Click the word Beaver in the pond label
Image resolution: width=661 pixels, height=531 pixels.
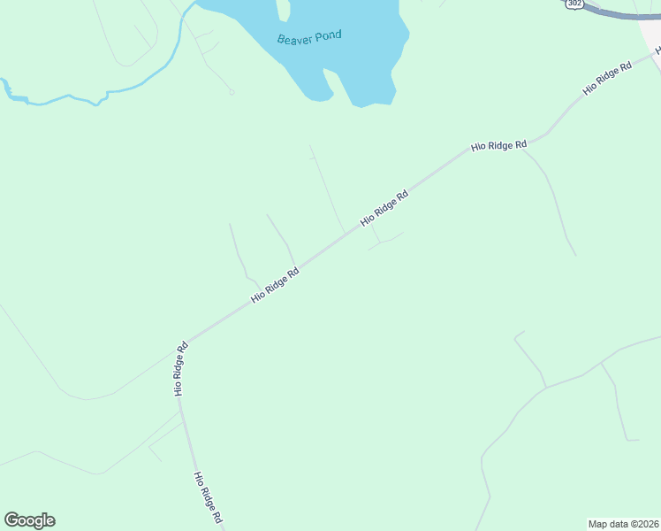pos(293,39)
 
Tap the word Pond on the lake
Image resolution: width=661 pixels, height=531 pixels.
pos(326,35)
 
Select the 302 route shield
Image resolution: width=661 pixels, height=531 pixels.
pos(575,4)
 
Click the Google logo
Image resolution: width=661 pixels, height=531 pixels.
pos(29,520)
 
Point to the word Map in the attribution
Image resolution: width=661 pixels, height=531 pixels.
pos(600,523)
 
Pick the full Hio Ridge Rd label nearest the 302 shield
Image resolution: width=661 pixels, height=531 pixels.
pos(608,79)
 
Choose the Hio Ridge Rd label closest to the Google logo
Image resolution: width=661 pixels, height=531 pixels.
pos(207,498)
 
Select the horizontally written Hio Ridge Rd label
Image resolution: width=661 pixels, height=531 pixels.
pos(498,144)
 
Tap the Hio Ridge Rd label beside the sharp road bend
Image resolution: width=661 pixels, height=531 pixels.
pos(181,368)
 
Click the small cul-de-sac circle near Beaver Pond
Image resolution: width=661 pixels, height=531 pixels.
pos(232,92)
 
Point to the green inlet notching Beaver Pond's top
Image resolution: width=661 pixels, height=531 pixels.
pos(283,11)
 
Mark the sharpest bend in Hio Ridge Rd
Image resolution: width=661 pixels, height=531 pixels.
pos(186,342)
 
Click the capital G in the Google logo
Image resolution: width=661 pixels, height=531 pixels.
pos(11,520)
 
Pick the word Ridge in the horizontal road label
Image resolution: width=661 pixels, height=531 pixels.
pos(499,144)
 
